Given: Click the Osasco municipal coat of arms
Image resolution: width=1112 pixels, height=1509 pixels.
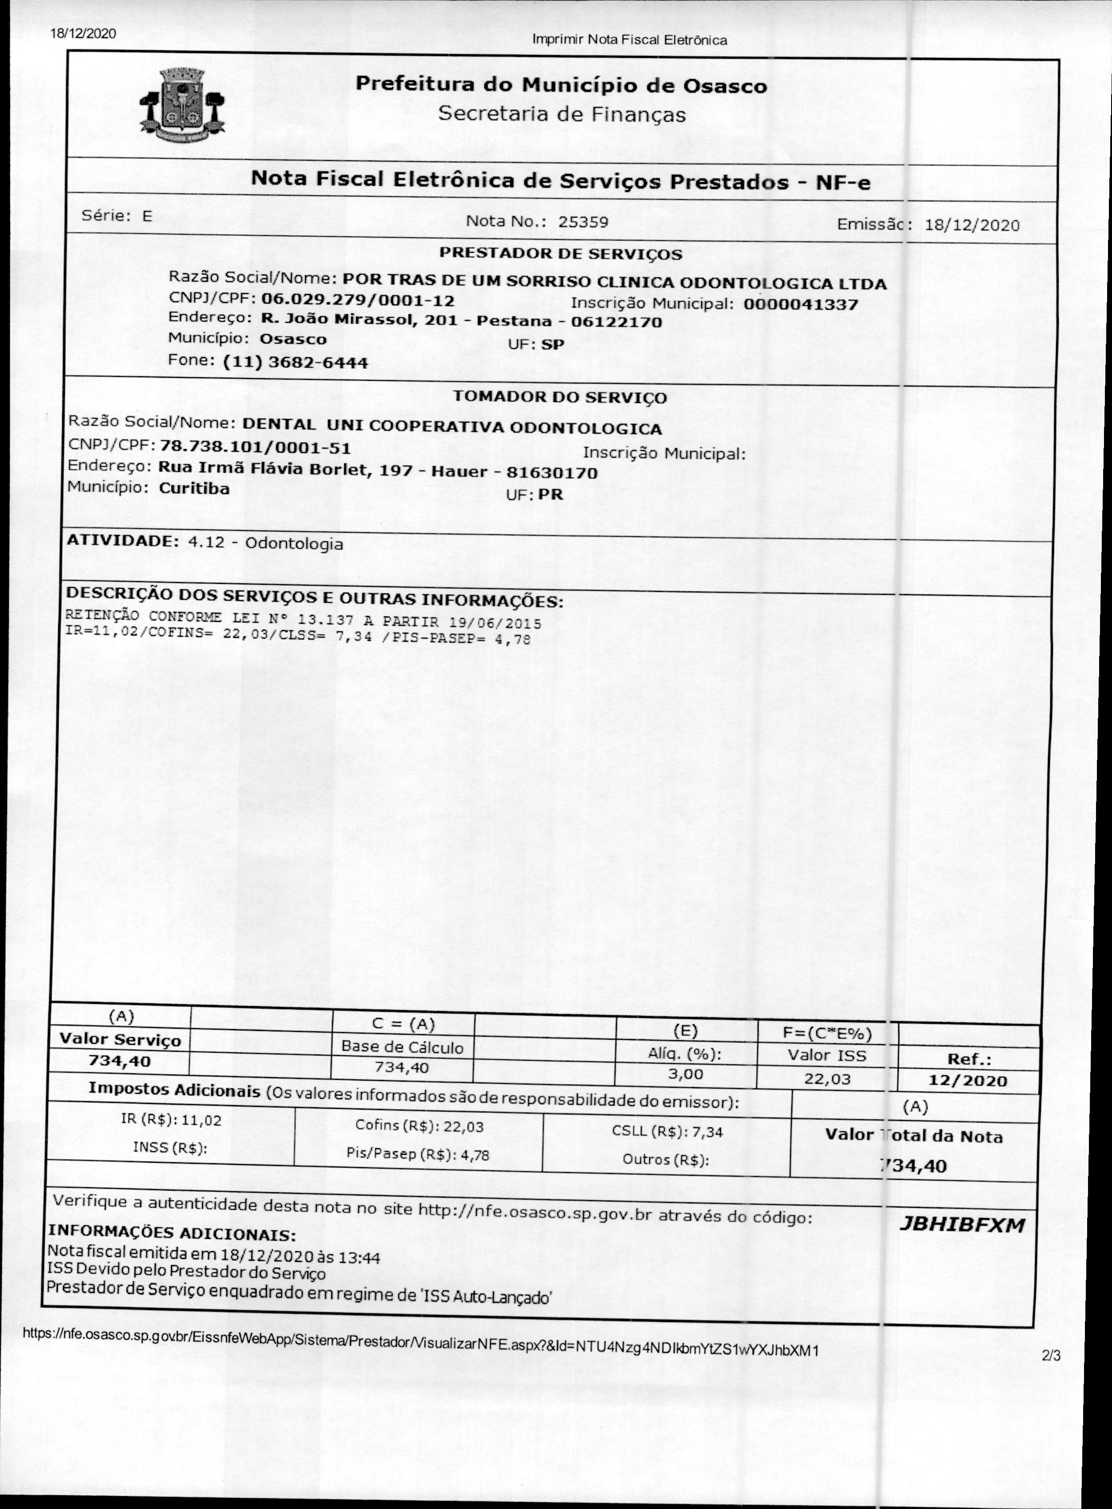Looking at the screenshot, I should [x=182, y=104].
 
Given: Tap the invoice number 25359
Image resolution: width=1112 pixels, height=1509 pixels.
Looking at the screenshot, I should [x=583, y=222].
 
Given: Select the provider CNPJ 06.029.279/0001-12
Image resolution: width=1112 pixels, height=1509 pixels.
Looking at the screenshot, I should [x=357, y=300].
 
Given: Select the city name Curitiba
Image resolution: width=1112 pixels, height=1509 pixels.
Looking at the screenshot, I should [x=194, y=488].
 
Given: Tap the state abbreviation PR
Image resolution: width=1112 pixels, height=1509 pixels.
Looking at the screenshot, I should [x=551, y=495].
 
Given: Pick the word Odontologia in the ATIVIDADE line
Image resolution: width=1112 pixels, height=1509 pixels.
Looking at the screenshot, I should [x=294, y=544].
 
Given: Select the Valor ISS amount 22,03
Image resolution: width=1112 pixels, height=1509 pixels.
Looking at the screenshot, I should [x=827, y=1079].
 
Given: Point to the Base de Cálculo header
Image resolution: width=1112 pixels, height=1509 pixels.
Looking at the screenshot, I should [x=402, y=1046].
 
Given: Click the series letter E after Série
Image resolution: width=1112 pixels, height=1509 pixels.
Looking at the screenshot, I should [x=147, y=216].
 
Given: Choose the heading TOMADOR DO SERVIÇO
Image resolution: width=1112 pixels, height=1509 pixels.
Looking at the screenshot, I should [x=560, y=397].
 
